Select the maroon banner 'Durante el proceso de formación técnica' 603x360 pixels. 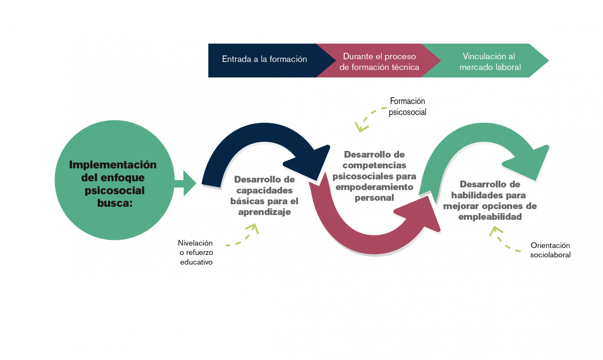tap(379, 61)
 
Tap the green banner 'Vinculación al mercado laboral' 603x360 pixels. tap(490, 61)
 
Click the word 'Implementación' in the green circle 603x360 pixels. tap(113, 165)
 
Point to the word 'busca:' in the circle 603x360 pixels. tap(115, 203)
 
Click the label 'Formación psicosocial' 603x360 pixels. tap(407, 106)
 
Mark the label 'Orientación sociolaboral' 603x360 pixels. tap(550, 250)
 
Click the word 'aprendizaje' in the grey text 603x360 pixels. tap(264, 212)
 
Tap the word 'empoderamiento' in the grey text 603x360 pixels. tap(374, 187)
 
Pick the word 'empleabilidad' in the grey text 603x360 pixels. tap(490, 217)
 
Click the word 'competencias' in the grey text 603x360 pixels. tap(374, 165)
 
